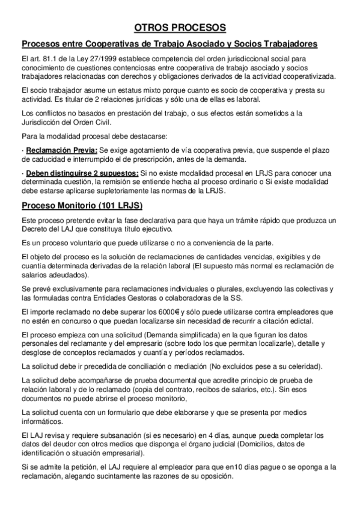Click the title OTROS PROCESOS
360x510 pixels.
[x=180, y=28]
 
